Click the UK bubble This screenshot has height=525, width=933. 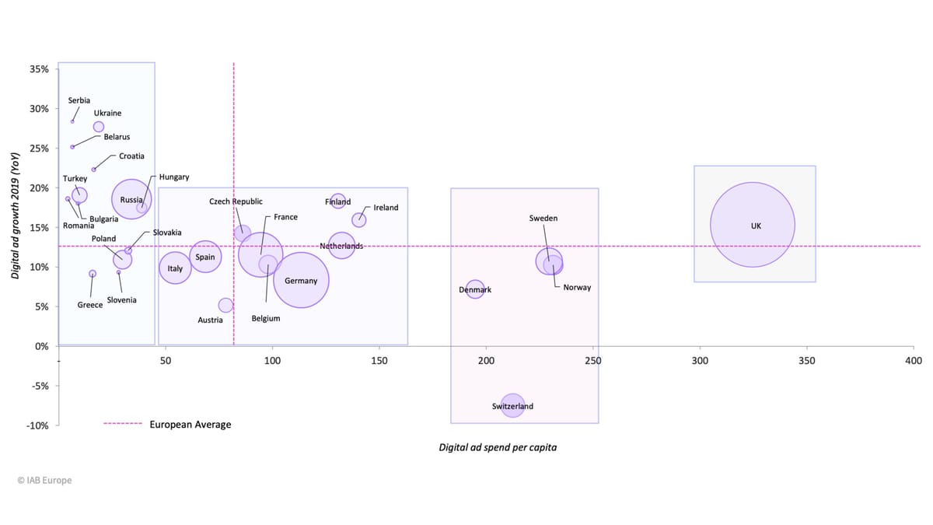click(x=753, y=225)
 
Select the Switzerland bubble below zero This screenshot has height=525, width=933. click(x=512, y=405)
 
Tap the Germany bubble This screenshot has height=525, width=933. click(x=301, y=280)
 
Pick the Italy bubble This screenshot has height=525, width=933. click(x=175, y=268)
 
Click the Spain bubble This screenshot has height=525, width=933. click(x=205, y=257)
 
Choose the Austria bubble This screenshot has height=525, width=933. click(x=225, y=306)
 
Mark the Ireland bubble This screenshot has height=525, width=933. click(x=358, y=220)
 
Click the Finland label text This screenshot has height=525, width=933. click(x=337, y=202)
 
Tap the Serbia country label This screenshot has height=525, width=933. click(x=79, y=100)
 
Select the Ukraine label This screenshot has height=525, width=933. click(x=107, y=114)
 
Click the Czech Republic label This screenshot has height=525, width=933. click(x=236, y=202)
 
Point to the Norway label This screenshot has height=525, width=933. click(x=577, y=288)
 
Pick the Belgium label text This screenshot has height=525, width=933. click(x=266, y=319)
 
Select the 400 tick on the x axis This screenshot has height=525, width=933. click(x=914, y=362)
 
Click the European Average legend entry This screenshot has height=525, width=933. click(x=190, y=425)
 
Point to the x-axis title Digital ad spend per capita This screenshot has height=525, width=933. click(x=498, y=448)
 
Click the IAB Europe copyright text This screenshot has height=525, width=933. click(x=44, y=481)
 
